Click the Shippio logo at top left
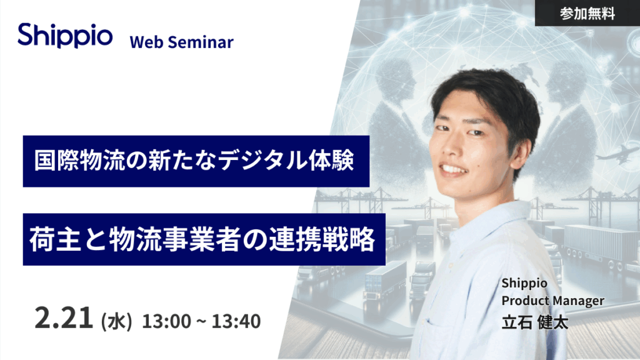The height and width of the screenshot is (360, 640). pos(65,36)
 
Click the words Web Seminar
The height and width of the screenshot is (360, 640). pos(182,42)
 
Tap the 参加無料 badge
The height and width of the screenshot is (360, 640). pos(587,13)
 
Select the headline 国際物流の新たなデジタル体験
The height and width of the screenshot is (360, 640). pos(194,161)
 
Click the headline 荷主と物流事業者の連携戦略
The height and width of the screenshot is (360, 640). pos(202,239)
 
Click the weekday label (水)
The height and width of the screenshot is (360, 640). pos(116,321)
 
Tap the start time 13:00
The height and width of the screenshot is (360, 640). pos(166,321)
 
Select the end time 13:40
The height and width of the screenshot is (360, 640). pos(236,321)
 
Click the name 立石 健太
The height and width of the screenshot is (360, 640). pos(535,322)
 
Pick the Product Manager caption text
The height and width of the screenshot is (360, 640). pos(552,301)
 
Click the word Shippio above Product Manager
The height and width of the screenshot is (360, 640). pos(524,283)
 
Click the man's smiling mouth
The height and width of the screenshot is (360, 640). pos(454,169)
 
